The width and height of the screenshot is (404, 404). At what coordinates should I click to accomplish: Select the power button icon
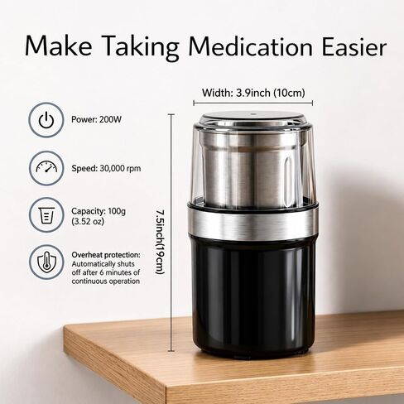tap(46, 120)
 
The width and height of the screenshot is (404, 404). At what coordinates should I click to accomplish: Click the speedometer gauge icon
tap(46, 168)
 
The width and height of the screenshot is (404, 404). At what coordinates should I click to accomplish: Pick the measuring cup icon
tap(46, 215)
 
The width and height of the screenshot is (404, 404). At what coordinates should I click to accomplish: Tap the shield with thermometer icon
tap(46, 262)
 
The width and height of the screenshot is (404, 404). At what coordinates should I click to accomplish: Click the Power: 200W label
tap(96, 119)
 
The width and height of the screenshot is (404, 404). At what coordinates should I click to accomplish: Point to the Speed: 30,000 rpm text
tap(106, 168)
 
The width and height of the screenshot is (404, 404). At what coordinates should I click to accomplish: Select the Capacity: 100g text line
tap(99, 211)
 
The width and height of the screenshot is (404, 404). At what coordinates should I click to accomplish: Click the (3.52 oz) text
tap(88, 221)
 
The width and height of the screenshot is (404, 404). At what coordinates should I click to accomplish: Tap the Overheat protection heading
tap(106, 255)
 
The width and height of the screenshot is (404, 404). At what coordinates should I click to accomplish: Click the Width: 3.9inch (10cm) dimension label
tap(253, 93)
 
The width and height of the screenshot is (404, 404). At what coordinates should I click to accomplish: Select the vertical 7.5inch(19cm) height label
tap(160, 242)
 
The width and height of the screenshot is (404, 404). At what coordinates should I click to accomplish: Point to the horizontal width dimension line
tap(253, 103)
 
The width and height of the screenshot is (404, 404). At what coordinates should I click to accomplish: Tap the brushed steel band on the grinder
tap(253, 223)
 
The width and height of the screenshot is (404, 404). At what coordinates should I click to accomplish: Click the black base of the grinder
tap(254, 298)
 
